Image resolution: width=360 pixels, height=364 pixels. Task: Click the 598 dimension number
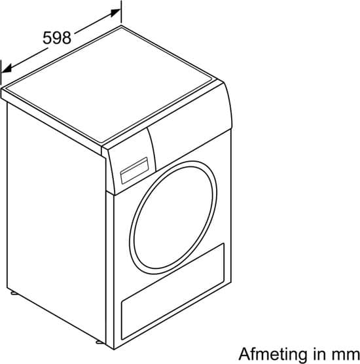pos(57,38)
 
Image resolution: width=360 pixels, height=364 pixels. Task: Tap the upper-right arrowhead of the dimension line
pos(116,13)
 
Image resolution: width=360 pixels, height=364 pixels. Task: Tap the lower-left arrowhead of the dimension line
pos(7,69)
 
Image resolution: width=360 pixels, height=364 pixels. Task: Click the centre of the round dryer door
pos(173,217)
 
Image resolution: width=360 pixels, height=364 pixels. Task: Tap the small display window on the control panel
pos(134,170)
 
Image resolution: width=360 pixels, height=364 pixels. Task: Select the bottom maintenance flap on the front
pos(173,291)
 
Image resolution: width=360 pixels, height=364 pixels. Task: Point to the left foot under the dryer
pos(14,293)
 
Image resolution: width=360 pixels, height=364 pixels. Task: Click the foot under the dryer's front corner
pos(99,342)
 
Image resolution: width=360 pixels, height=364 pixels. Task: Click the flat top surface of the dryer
pos(109,84)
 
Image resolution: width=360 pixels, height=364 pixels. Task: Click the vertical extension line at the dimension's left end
pos(1,72)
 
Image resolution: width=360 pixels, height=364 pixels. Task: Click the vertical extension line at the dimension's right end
pos(121,12)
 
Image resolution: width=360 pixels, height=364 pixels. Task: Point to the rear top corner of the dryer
pos(121,26)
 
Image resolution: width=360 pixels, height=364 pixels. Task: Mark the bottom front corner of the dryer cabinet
pos(114,349)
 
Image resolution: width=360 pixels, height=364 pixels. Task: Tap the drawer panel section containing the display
pos(130,171)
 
